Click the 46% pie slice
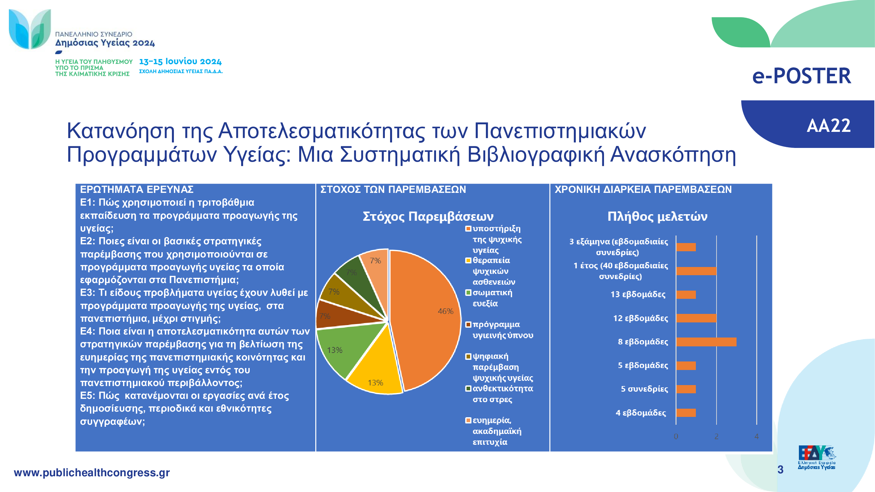(x=428, y=319)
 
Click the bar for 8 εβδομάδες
(x=706, y=342)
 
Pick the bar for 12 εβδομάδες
(x=696, y=318)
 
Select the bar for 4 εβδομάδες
(x=686, y=413)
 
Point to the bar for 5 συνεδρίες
(x=686, y=389)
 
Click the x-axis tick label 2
(x=717, y=436)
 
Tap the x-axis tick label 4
(x=757, y=436)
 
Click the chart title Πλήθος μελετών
(x=657, y=216)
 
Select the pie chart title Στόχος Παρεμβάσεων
(x=428, y=216)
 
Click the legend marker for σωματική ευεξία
(x=468, y=292)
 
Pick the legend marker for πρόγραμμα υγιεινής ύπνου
(x=468, y=325)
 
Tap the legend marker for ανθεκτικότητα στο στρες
(x=468, y=388)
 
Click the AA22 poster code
(x=829, y=126)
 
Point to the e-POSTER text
(x=802, y=76)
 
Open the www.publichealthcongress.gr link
(x=92, y=473)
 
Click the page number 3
(x=781, y=470)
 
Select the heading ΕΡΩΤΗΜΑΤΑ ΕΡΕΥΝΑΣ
(x=136, y=189)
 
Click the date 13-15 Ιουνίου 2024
(x=180, y=61)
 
